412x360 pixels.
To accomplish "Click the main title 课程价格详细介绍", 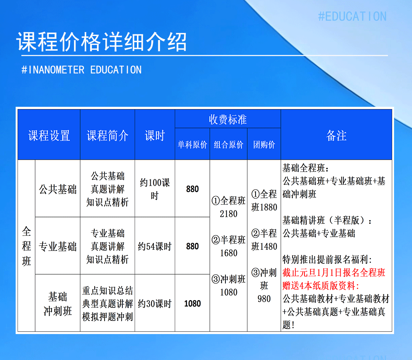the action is (x=101, y=42).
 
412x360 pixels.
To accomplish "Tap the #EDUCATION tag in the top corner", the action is (x=352, y=16).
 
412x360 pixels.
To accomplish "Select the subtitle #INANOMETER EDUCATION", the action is (x=82, y=70).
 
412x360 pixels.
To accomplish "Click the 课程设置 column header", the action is (x=49, y=135).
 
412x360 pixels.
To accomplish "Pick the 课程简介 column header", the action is (x=108, y=135).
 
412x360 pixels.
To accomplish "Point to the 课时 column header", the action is (x=155, y=135).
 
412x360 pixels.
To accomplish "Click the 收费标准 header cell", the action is (x=228, y=119).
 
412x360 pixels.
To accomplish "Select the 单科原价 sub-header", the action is (x=192, y=145).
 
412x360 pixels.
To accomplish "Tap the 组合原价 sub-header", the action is (x=229, y=145).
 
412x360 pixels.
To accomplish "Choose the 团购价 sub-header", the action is (x=264, y=145).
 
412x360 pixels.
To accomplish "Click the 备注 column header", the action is (x=336, y=135).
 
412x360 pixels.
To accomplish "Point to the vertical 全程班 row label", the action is (x=27, y=246).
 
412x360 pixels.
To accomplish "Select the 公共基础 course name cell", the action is (x=58, y=189).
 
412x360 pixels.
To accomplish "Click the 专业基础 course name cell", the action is (x=58, y=246).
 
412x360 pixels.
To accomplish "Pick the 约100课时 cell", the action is (x=155, y=189).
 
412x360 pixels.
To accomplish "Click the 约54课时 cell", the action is (x=155, y=246).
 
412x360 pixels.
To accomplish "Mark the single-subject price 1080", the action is (x=192, y=304).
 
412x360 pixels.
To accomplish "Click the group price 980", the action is (x=264, y=299).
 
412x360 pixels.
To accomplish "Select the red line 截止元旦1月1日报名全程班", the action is (x=334, y=273).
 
